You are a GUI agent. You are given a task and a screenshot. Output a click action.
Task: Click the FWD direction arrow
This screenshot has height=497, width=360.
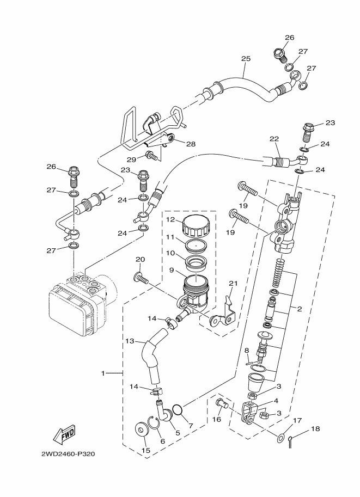64,434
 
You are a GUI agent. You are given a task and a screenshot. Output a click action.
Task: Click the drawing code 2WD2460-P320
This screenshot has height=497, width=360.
68,454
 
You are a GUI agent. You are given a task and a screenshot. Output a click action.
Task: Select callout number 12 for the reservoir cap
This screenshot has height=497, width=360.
171,219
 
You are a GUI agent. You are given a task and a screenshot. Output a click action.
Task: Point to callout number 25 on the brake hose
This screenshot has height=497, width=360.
246,59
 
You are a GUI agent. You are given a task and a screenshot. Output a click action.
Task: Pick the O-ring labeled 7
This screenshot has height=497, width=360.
178,410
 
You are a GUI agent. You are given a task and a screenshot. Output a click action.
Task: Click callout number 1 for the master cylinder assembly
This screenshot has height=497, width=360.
102,373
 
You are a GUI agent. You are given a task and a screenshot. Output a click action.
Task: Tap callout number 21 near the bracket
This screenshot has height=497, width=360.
233,283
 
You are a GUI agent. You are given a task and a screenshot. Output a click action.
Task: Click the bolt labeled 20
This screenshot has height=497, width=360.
141,278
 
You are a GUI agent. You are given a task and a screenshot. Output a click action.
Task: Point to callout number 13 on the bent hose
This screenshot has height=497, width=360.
130,341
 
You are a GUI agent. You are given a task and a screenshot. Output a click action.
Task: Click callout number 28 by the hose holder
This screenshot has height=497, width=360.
191,144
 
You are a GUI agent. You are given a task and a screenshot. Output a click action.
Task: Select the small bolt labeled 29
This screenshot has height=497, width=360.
151,156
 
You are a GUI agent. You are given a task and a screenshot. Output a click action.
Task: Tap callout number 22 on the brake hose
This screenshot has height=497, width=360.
274,138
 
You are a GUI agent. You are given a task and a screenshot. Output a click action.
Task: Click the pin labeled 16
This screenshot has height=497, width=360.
222,403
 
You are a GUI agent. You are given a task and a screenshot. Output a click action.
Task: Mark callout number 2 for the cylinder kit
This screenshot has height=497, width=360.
299,309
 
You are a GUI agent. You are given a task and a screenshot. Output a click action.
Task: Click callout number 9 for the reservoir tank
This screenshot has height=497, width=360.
171,270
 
